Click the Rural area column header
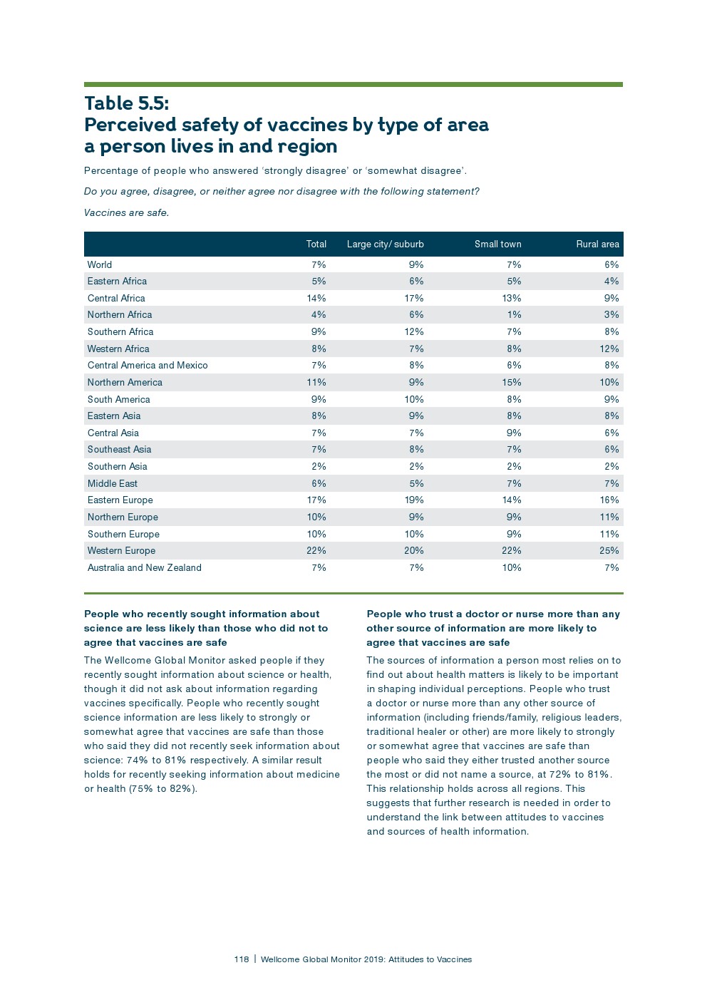pos(597,244)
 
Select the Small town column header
pos(497,244)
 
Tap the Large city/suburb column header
pos(385,244)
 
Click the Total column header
pos(316,244)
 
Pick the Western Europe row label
pos(121,551)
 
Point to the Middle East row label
pos(113,483)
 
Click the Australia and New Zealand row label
pos(144,568)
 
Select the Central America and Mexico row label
pos(148,366)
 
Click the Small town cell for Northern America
pos(511,383)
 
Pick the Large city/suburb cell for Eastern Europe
pos(413,500)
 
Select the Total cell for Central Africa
pos(316,299)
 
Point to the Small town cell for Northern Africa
pos(514,315)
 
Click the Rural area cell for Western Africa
pos(609,349)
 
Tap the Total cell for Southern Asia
pos(319,467)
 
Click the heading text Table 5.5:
pos(127,103)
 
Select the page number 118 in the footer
pos(241,959)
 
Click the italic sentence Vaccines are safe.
pos(126,213)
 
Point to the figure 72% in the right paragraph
pos(559,775)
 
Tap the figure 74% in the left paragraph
pos(137,761)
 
